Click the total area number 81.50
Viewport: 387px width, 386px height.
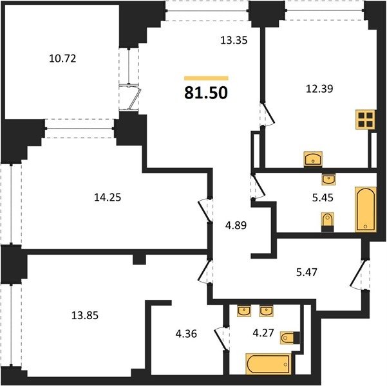point(206,93)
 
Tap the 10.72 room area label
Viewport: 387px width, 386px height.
point(62,59)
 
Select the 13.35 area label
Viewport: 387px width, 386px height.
point(234,40)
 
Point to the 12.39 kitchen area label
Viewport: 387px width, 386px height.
point(319,89)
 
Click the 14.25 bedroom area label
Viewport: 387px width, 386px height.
point(108,198)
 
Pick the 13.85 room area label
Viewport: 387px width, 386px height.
point(85,315)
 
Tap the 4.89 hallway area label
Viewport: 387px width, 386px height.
point(236,225)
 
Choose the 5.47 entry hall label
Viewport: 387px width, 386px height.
point(307,272)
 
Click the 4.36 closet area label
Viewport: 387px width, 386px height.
point(186,334)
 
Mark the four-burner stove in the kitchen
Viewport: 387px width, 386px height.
point(366,120)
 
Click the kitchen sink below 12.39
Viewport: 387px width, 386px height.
point(313,159)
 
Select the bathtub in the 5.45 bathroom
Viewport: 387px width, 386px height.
point(366,209)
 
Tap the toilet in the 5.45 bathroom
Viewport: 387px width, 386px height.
point(328,222)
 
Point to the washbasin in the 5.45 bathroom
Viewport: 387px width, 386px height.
point(329,179)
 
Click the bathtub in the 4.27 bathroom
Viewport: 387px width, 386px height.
point(269,364)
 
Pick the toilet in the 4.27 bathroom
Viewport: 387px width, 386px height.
point(290,337)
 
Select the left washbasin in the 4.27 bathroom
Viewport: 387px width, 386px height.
point(244,311)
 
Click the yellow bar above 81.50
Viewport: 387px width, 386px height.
point(206,78)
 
